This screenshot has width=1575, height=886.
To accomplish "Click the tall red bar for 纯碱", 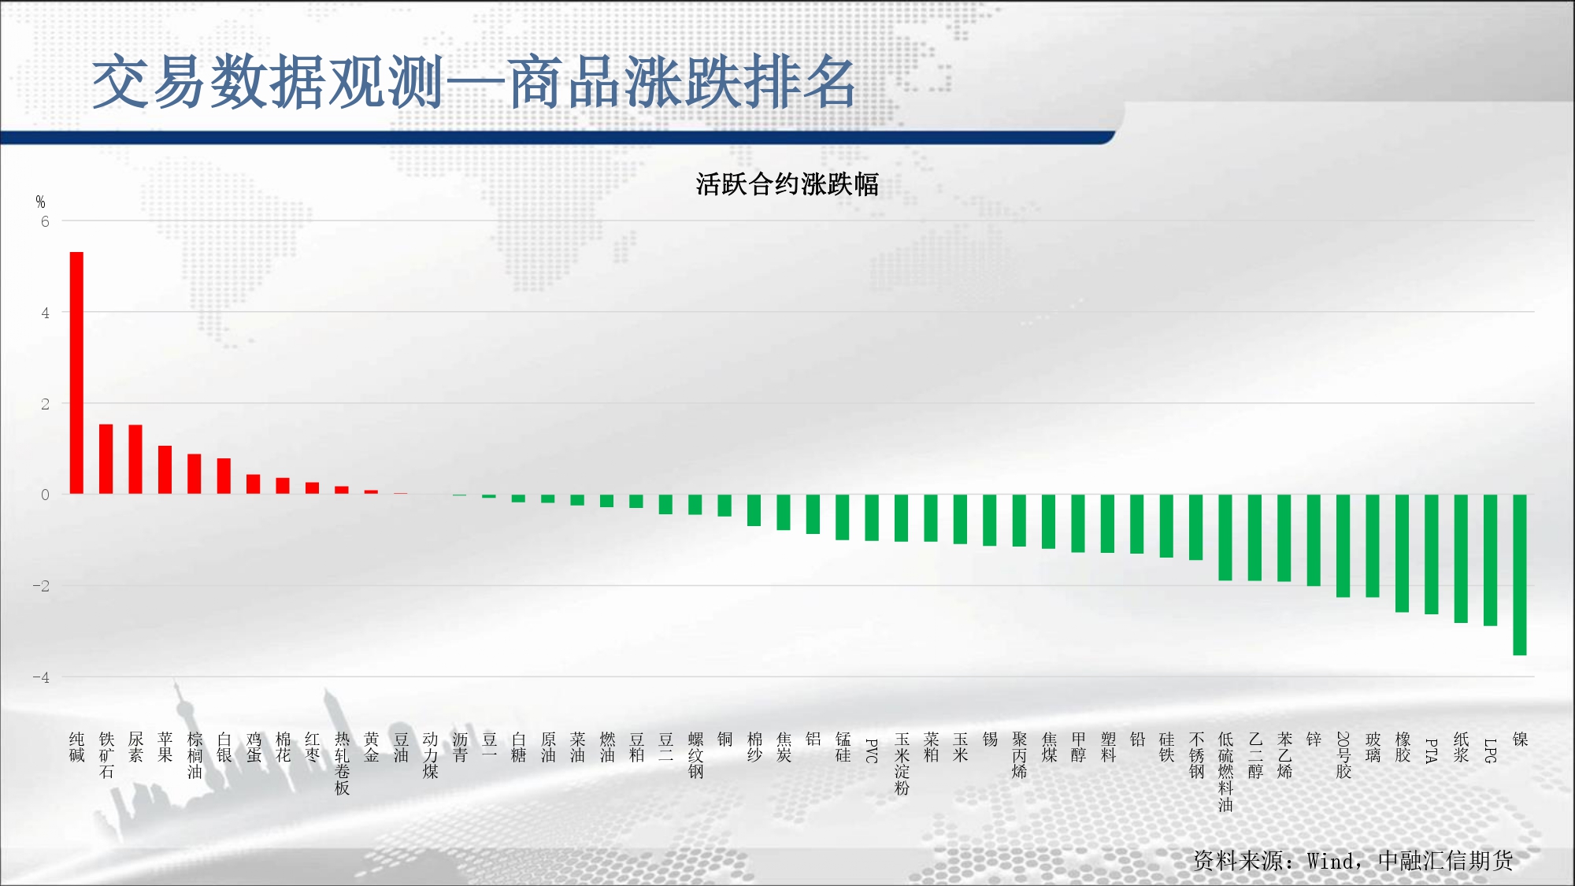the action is click(76, 373).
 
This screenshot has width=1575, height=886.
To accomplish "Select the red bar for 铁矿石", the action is click(106, 459).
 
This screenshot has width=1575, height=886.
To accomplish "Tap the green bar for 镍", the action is click(1520, 575).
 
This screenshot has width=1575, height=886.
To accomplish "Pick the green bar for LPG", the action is click(1490, 560).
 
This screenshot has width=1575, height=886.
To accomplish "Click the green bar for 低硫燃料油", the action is click(1225, 538).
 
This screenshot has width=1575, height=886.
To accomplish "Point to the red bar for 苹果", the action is click(165, 470).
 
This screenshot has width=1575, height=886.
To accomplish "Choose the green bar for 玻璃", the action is click(1373, 546).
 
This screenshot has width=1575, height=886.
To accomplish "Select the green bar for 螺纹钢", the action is click(695, 505).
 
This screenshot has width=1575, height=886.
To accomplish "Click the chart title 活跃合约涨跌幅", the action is click(787, 184).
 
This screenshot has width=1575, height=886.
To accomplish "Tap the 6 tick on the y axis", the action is click(45, 222).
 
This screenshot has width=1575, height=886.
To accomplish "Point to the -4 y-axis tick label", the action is click(41, 677).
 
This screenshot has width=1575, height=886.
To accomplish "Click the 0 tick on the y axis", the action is click(45, 495).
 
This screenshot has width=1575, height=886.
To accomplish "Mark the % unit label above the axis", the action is click(40, 202).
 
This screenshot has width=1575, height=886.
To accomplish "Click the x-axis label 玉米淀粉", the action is click(902, 764).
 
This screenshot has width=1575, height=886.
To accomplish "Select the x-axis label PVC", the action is click(872, 751).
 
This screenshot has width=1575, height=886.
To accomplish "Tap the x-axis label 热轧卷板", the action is click(342, 764).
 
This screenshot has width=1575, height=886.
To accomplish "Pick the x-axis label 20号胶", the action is click(1343, 755).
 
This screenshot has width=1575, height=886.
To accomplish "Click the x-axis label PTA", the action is click(1432, 751).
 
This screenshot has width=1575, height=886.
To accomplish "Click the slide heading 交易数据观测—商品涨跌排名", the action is click(474, 82).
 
